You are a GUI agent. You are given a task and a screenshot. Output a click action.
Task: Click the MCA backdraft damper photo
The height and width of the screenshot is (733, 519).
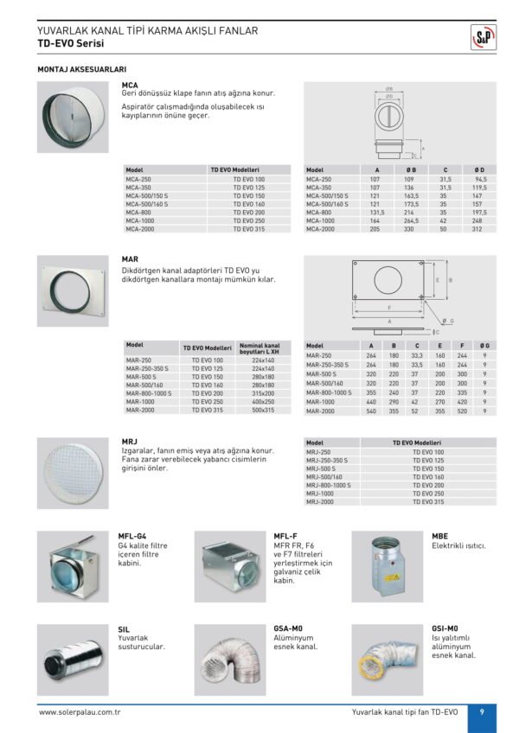tap(73, 117)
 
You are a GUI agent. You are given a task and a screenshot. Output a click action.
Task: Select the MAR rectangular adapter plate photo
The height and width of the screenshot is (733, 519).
tap(73, 290)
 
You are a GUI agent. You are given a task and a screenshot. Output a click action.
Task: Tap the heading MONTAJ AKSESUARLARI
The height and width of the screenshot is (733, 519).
tap(82, 67)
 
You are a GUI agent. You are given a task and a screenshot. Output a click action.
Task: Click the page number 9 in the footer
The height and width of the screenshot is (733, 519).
tap(481, 711)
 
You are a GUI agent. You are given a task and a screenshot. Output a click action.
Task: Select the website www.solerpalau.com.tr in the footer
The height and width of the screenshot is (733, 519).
tap(79, 712)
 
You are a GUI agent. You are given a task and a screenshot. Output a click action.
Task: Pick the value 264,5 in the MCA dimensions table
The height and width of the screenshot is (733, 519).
tap(411, 220)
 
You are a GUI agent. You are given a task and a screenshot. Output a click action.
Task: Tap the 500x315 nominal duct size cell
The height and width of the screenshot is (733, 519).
tap(263, 410)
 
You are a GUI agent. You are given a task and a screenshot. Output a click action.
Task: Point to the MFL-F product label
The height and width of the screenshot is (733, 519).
tap(285, 536)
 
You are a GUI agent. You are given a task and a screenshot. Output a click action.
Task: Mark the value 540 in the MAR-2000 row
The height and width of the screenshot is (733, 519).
tap(371, 411)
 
